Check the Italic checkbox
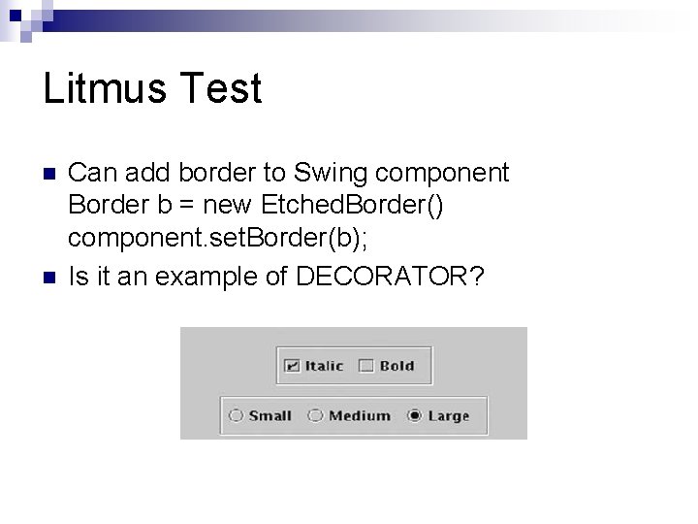click(x=292, y=366)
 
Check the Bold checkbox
click(x=365, y=366)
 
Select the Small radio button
click(x=236, y=416)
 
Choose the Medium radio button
click(x=315, y=416)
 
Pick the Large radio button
click(x=415, y=416)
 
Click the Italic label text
click(x=324, y=366)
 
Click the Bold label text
click(x=397, y=366)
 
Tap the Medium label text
click(x=359, y=416)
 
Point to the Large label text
click(x=448, y=416)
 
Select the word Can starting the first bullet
click(x=90, y=174)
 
